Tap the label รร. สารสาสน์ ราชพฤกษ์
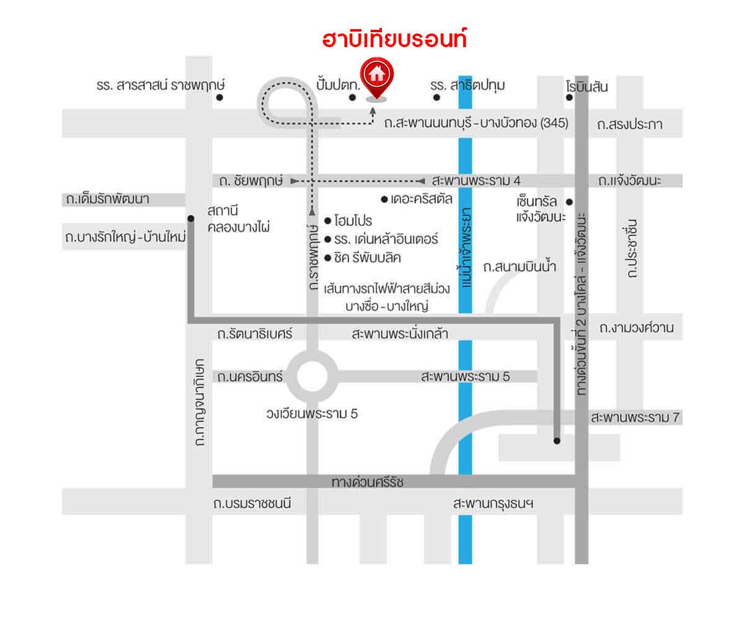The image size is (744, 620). (x=160, y=85)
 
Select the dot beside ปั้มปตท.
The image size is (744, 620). (x=352, y=97)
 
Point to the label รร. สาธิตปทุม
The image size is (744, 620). (x=467, y=85)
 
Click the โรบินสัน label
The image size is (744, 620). (x=587, y=87)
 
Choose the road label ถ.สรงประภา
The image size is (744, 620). (x=630, y=125)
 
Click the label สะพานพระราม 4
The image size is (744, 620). (x=476, y=181)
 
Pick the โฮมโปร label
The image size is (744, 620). (x=353, y=221)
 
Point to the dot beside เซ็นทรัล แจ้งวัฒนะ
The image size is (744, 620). (x=569, y=201)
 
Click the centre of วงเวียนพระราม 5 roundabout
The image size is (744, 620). (x=312, y=376)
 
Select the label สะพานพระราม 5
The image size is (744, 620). (x=465, y=376)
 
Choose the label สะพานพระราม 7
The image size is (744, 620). (x=636, y=418)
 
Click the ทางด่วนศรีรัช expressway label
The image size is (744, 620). (x=368, y=482)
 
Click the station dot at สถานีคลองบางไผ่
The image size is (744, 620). (x=191, y=218)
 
